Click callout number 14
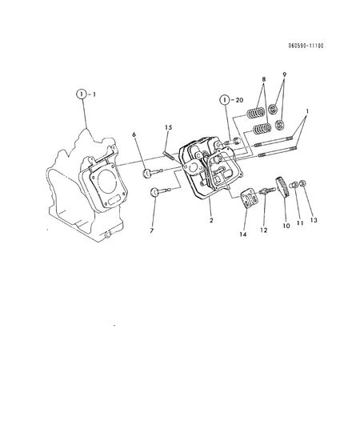tap(243, 236)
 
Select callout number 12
tap(265, 230)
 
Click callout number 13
tap(314, 219)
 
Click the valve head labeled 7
tap(154, 191)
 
